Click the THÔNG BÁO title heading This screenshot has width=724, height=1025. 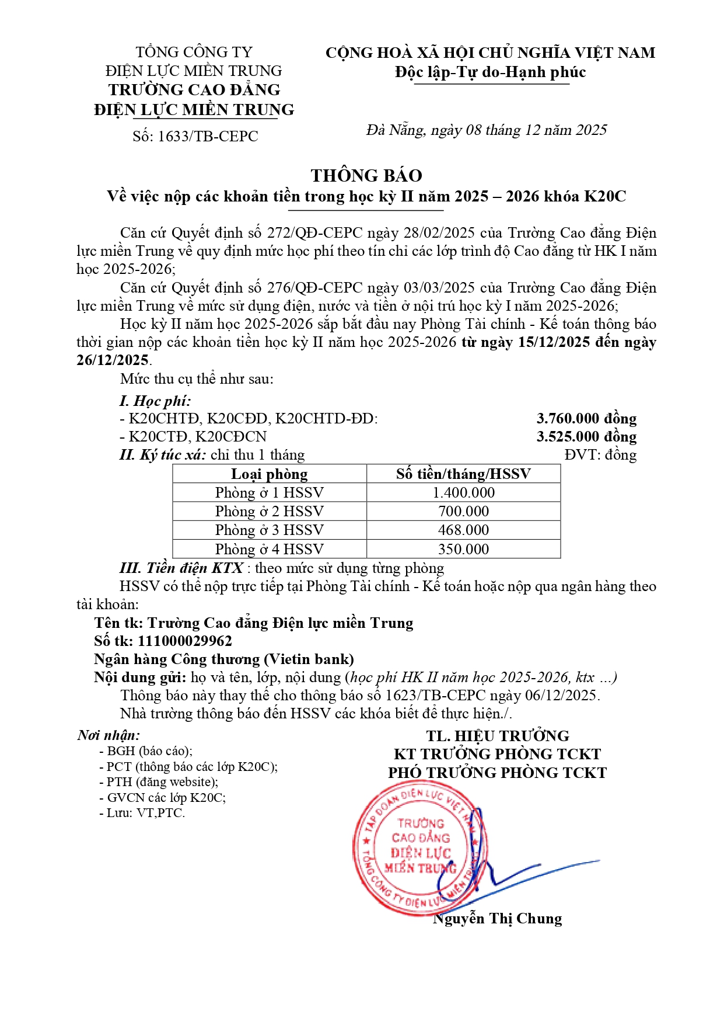pos(366,175)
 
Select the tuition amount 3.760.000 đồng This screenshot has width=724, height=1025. pos(586,418)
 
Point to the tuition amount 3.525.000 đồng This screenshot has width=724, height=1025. pos(586,436)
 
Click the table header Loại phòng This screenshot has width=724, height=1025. pos(269,474)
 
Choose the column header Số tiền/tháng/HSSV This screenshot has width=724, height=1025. pos(463,474)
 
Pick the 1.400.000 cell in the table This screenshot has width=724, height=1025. pos(463,492)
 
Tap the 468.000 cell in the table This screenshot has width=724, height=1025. pos(463,530)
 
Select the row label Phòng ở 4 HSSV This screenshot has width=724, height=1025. pos(269,549)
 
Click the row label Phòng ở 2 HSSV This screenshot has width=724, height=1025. pos(269,511)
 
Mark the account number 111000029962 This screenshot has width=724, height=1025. pos(185,641)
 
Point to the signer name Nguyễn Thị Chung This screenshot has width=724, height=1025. pos(498,918)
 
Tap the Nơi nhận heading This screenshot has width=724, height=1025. pos(109,735)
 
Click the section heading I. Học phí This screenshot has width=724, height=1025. pos(155,401)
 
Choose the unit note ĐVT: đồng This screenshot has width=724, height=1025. pos(600,454)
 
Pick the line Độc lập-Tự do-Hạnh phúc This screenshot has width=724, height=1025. pos(490,72)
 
